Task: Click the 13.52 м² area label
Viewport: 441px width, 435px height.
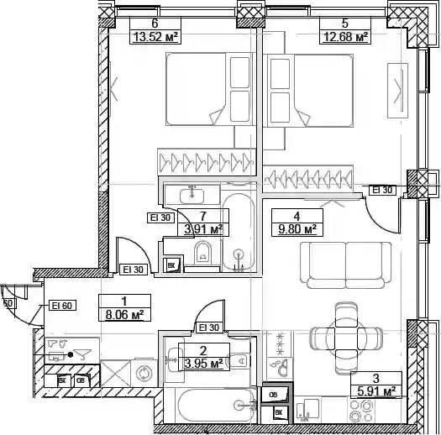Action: (155, 37)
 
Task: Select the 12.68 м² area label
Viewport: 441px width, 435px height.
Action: (345, 37)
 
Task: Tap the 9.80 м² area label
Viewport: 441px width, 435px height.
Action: (297, 229)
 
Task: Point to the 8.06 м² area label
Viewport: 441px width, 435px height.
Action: (124, 315)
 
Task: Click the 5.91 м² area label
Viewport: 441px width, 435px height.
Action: (376, 391)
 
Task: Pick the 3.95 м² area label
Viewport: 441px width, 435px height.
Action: (203, 364)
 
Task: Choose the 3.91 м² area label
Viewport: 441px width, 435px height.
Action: (203, 229)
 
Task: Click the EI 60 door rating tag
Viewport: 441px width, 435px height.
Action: (62, 306)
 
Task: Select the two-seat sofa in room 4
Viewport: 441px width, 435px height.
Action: (346, 265)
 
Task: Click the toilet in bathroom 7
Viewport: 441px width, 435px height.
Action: (202, 253)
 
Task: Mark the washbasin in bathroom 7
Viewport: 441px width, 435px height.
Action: (192, 195)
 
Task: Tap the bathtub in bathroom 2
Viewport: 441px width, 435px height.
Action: (215, 406)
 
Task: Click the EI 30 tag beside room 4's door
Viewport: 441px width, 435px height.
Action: (382, 190)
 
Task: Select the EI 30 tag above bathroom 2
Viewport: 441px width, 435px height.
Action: (209, 328)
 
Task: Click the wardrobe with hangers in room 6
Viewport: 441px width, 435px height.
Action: (207, 163)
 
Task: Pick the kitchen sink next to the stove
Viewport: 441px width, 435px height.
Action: (307, 411)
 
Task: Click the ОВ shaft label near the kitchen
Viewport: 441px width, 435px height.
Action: (273, 395)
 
